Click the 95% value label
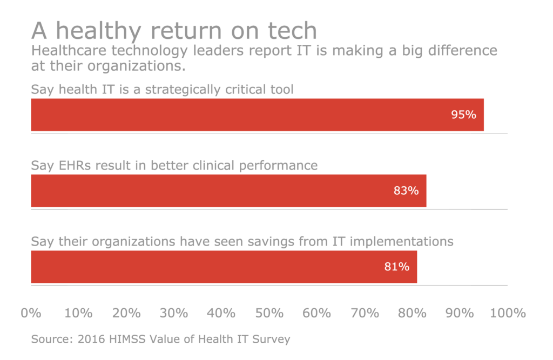tap(463, 114)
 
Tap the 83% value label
tap(406, 191)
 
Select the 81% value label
tap(397, 267)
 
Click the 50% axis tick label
tap(269, 313)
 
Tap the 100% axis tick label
tap(508, 313)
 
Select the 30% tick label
tap(174, 313)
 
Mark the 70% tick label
tap(365, 313)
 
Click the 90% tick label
tap(460, 313)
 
